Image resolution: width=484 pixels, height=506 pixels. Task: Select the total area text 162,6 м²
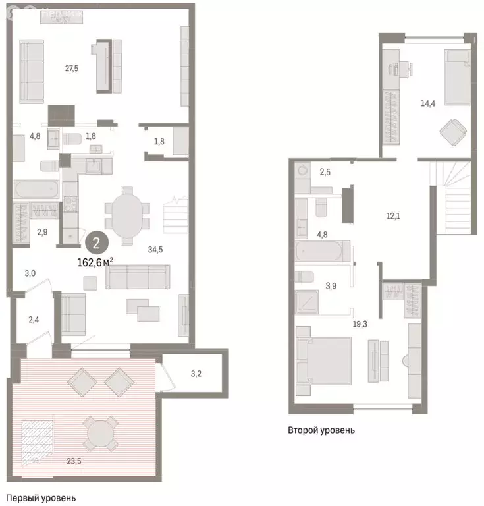(x=96, y=262)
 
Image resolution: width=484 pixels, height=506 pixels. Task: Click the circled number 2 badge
(x=96, y=243)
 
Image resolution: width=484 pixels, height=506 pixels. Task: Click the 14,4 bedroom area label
(x=429, y=103)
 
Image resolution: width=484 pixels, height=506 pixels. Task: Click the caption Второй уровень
(x=321, y=430)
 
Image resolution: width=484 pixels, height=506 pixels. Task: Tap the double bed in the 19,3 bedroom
(x=324, y=360)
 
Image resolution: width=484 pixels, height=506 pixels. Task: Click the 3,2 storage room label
(x=196, y=374)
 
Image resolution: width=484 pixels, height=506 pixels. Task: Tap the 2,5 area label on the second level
(x=325, y=173)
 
